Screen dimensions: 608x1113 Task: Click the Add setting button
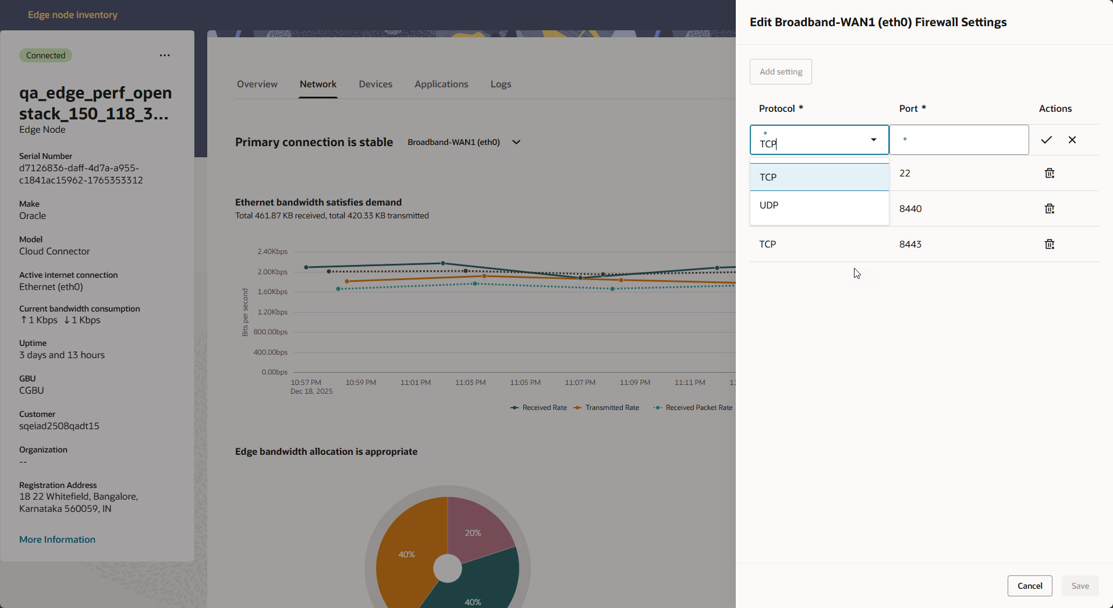[x=781, y=72]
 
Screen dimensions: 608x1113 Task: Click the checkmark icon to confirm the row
[x=1046, y=140]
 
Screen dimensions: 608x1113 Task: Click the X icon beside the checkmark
[x=1072, y=140]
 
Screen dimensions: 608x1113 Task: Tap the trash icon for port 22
[x=1049, y=173]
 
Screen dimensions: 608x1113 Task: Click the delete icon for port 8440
[x=1049, y=208]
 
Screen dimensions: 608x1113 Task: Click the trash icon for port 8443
[x=1049, y=244]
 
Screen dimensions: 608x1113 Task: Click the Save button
[x=1080, y=586]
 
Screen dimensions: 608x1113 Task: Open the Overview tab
[x=257, y=84]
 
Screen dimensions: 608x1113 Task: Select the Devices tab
[x=375, y=84]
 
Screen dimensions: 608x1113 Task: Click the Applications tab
[x=441, y=84]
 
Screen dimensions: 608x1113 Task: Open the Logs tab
[x=501, y=84]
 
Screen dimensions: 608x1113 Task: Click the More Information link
[x=57, y=539]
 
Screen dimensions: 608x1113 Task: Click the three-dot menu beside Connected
[x=165, y=55]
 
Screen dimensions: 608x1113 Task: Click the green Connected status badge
[x=45, y=55]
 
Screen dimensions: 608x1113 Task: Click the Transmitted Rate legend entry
[x=611, y=408]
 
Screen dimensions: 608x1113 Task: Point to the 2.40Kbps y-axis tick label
[x=272, y=252]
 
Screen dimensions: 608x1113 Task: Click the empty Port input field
[x=959, y=140]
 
